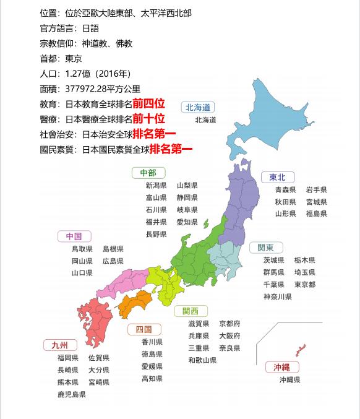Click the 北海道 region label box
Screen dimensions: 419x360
tap(199, 107)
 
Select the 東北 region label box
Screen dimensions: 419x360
tap(278, 178)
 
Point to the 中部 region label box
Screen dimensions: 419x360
tap(148, 173)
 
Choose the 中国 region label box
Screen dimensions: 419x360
tap(74, 236)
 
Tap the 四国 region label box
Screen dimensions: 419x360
tap(144, 329)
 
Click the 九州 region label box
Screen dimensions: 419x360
tap(60, 345)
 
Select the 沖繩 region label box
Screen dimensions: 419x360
tap(281, 367)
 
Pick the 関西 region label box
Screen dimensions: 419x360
tap(191, 311)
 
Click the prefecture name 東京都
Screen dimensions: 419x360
tap(305, 285)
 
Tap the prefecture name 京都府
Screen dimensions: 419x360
tap(229, 324)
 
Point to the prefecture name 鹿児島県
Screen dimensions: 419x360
tap(71, 394)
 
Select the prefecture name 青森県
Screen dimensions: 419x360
tap(286, 190)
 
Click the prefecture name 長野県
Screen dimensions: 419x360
tap(156, 235)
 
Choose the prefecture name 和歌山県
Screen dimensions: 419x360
tap(202, 360)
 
